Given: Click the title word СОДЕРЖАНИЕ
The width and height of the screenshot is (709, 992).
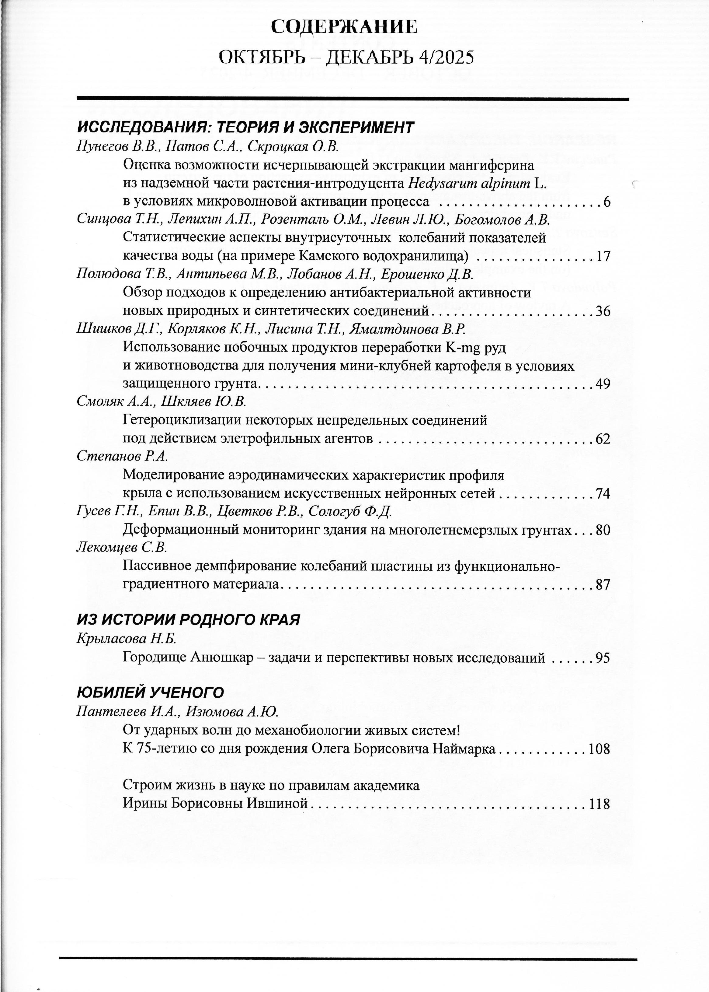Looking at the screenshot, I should coord(344,27).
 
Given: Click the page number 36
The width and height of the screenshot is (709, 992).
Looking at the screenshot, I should coord(603,311).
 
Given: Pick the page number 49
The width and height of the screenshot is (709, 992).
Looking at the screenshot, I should coord(603,384).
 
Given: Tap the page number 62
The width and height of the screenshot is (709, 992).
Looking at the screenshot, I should coord(603,439).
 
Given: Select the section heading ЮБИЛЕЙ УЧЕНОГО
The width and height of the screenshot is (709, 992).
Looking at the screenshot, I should coord(150,692).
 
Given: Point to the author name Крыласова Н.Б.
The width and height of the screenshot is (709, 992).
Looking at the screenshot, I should coord(126,639).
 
